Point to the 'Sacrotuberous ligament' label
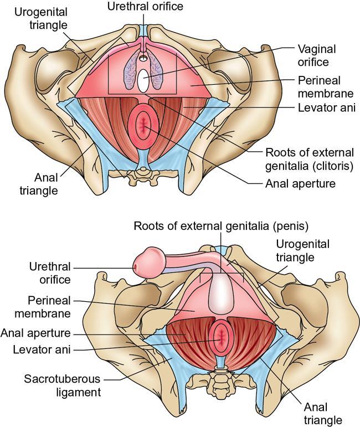[x=61, y=386]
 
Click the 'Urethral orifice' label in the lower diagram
[x=50, y=273]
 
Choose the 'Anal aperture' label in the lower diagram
[x=44, y=333]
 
